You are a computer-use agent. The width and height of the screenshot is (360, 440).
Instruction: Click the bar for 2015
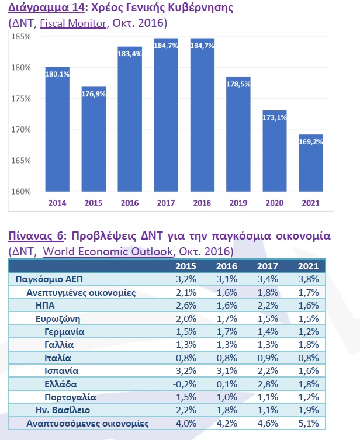pyautogui.click(x=94, y=139)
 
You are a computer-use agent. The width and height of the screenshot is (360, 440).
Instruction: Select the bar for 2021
pyautogui.click(x=311, y=163)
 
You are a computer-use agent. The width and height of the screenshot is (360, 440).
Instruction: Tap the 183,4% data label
pyautogui.click(x=130, y=54)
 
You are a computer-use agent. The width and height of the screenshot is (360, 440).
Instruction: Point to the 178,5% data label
pyautogui.click(x=238, y=84)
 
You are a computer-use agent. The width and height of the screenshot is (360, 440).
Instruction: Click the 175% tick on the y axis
pyautogui.click(x=21, y=99)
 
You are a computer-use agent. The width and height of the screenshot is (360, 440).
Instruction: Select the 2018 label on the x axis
pyautogui.click(x=202, y=203)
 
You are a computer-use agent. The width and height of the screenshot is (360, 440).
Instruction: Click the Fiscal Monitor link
pyautogui.click(x=73, y=23)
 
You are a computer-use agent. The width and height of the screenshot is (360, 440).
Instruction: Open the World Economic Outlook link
pyautogui.click(x=108, y=251)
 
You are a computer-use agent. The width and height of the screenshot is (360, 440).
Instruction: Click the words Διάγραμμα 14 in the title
pyautogui.click(x=46, y=8)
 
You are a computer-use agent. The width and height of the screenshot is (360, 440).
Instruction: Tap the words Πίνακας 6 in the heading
pyautogui.click(x=36, y=235)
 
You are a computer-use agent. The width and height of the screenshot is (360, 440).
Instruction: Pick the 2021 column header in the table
pyautogui.click(x=309, y=266)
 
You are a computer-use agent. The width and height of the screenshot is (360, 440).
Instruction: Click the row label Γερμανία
pyautogui.click(x=64, y=332)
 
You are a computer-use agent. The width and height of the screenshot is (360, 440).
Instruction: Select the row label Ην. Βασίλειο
pyautogui.click(x=63, y=410)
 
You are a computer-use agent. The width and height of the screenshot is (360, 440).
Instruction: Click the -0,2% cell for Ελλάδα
pyautogui.click(x=185, y=384)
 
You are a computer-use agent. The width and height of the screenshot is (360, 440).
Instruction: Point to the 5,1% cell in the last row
pyautogui.click(x=309, y=424)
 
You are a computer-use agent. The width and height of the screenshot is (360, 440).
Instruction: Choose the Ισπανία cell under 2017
pyautogui.click(x=268, y=371)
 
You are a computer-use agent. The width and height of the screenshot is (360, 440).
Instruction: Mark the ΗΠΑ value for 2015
pyautogui.click(x=186, y=305)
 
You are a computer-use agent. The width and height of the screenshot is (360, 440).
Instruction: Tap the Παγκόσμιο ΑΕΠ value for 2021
pyautogui.click(x=309, y=279)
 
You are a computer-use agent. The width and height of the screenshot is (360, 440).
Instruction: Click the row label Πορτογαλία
pyautogui.click(x=71, y=397)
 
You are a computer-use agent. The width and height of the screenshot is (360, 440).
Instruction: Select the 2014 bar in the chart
pyautogui.click(x=57, y=129)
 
